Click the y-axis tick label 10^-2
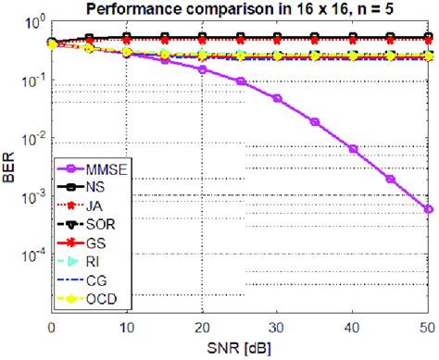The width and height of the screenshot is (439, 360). (31, 139)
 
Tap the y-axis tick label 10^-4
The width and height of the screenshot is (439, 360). (31, 256)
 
